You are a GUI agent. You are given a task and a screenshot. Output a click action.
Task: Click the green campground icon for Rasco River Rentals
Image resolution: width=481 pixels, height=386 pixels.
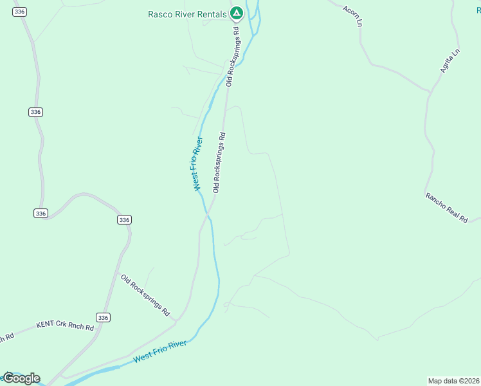point(237,12)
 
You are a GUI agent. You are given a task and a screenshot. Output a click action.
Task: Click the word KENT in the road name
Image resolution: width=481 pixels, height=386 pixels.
point(46,324)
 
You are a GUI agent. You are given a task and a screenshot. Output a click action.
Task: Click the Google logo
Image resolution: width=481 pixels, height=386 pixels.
point(21,378)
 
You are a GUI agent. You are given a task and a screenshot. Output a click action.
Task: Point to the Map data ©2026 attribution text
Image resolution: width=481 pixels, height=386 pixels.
point(454,381)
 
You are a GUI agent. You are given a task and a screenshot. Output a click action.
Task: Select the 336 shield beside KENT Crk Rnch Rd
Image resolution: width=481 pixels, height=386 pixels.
point(104,317)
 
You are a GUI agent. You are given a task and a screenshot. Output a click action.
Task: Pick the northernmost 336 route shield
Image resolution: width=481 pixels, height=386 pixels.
point(19,12)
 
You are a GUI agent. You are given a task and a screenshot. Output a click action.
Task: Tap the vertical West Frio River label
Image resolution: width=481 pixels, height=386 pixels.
point(198,163)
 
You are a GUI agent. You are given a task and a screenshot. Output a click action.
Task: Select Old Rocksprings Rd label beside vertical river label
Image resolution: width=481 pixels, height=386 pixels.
point(220,163)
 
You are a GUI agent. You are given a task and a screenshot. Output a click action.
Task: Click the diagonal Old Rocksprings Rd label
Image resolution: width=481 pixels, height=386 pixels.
point(145,295)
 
